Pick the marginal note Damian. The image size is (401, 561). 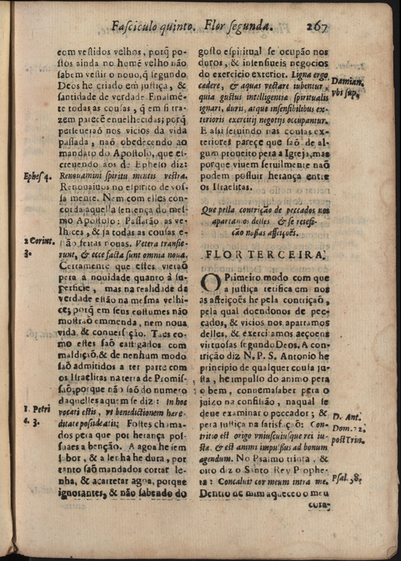[347, 82]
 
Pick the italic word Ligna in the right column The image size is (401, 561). [300, 75]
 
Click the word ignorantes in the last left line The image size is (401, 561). [80, 493]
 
